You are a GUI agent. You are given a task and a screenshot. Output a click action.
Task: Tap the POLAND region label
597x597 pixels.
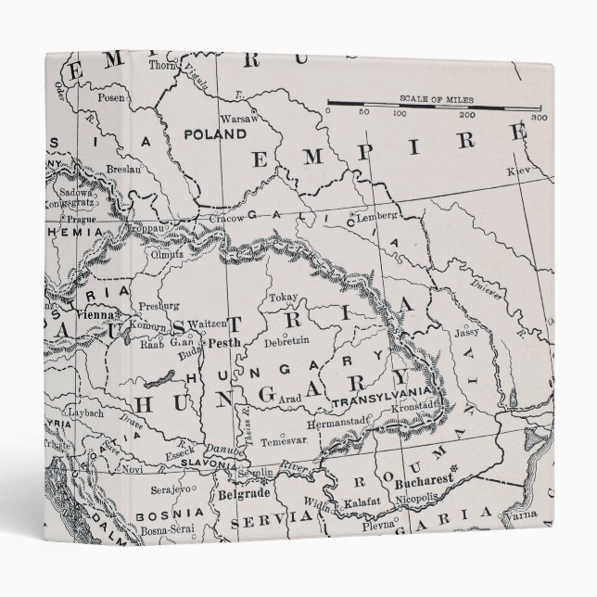[x=215, y=133]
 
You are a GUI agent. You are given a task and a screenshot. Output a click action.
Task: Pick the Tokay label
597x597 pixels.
[x=282, y=298]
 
